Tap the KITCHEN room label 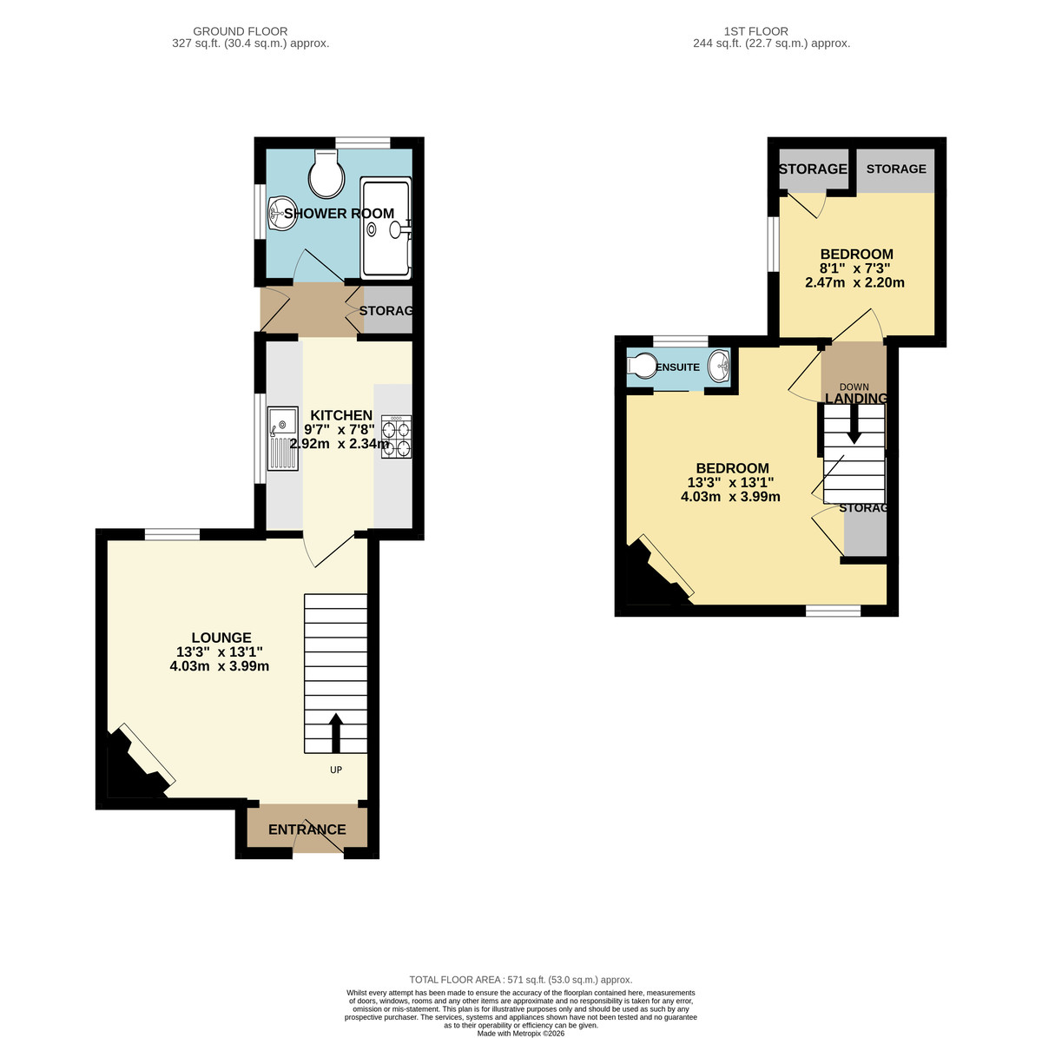[341, 415]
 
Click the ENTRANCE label [307, 830]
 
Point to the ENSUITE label [677, 367]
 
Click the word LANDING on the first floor [856, 399]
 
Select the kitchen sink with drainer [283, 438]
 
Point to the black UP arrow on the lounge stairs [335, 732]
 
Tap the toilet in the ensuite [642, 367]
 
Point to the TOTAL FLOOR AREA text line [521, 979]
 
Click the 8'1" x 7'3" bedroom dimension [856, 268]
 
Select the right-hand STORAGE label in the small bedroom [896, 169]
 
